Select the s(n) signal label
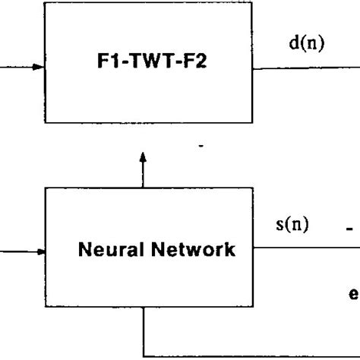click(291, 226)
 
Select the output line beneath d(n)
click(304, 68)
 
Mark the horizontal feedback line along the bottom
click(251, 355)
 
